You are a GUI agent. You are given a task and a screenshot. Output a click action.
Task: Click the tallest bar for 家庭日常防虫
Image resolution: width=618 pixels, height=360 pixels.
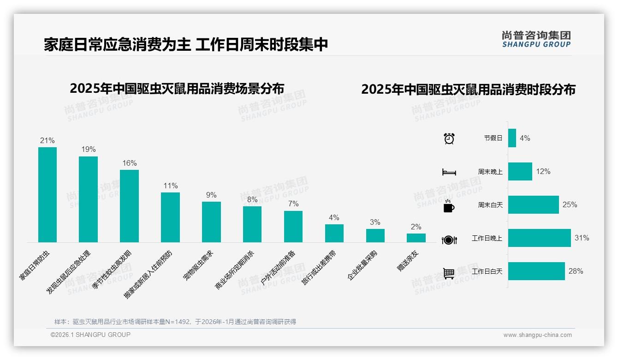click(x=48, y=195)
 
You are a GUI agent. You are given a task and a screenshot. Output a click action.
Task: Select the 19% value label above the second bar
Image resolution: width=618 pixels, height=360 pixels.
click(x=89, y=150)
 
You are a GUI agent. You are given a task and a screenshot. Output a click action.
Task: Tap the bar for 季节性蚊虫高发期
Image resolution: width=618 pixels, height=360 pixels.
click(x=129, y=206)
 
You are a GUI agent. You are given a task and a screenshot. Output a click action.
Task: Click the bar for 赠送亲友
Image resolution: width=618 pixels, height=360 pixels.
click(x=416, y=238)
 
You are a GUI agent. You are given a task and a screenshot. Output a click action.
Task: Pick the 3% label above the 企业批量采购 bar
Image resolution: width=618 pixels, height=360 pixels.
click(x=375, y=222)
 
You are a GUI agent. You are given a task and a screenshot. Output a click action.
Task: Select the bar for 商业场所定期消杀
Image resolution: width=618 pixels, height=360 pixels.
click(x=252, y=224)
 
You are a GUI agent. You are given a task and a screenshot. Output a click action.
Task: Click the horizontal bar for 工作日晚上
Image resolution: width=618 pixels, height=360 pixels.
click(x=539, y=238)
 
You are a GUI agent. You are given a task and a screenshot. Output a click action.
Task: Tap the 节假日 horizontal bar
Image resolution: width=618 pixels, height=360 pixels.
click(x=512, y=138)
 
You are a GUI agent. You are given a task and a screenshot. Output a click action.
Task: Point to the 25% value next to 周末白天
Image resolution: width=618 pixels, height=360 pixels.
click(x=570, y=205)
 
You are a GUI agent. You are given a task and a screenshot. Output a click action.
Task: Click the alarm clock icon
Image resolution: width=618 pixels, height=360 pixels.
click(x=449, y=138)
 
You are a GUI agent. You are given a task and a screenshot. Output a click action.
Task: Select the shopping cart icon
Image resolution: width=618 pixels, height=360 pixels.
click(x=449, y=273)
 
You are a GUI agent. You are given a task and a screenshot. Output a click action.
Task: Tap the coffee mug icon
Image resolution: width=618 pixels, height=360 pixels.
click(x=449, y=206)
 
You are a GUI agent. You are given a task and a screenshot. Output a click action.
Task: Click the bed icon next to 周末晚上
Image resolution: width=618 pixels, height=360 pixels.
click(x=449, y=172)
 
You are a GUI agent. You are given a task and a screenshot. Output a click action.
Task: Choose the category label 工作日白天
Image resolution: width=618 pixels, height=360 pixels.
click(x=487, y=271)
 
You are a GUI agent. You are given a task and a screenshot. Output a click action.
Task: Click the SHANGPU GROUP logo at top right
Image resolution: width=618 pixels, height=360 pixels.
click(x=536, y=39)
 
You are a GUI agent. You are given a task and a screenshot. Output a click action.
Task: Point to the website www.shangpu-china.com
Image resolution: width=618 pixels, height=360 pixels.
click(x=537, y=335)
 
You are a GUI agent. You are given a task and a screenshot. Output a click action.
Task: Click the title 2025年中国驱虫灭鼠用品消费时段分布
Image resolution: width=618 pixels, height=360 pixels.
click(x=468, y=90)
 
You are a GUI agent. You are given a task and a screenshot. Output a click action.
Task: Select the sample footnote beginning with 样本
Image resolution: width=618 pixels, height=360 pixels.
click(x=175, y=322)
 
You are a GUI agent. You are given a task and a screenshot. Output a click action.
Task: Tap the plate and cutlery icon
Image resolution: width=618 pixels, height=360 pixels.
click(x=449, y=240)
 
